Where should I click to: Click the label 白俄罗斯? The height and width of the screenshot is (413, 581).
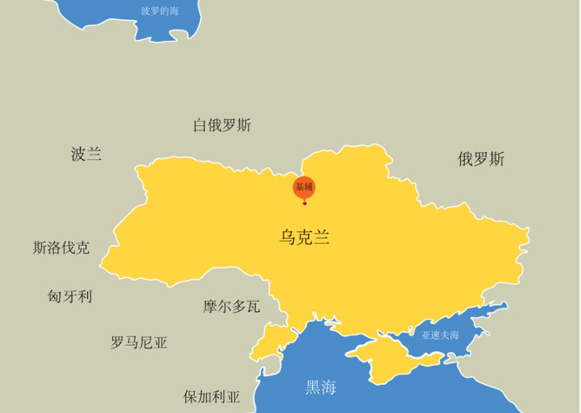point(222,125)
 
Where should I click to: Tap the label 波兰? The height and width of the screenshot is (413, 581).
point(86,153)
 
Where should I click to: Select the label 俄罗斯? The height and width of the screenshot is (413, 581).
point(481,159)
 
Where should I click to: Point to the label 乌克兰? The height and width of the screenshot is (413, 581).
point(304,237)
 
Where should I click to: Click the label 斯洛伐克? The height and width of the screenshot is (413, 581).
point(62,248)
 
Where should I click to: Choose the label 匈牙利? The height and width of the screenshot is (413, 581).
point(70,296)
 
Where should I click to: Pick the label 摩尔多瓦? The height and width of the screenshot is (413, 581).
point(231,307)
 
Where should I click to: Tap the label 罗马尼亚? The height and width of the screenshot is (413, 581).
point(139,342)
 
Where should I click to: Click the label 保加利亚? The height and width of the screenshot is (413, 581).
point(212,396)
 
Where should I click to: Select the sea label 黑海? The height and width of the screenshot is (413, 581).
point(320,387)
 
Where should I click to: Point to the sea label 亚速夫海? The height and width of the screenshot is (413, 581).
point(440,335)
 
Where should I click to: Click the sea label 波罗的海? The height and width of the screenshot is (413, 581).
point(159,11)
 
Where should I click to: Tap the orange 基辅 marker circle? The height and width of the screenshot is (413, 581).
point(304,187)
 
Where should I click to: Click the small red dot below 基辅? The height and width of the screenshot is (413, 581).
point(304,203)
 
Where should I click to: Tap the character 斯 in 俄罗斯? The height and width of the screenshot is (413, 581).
point(497,159)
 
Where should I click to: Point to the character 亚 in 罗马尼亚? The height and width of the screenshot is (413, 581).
point(160,342)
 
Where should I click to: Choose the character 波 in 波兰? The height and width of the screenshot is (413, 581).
point(78,153)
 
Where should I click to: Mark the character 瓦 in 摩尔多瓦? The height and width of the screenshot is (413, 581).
point(253,307)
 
